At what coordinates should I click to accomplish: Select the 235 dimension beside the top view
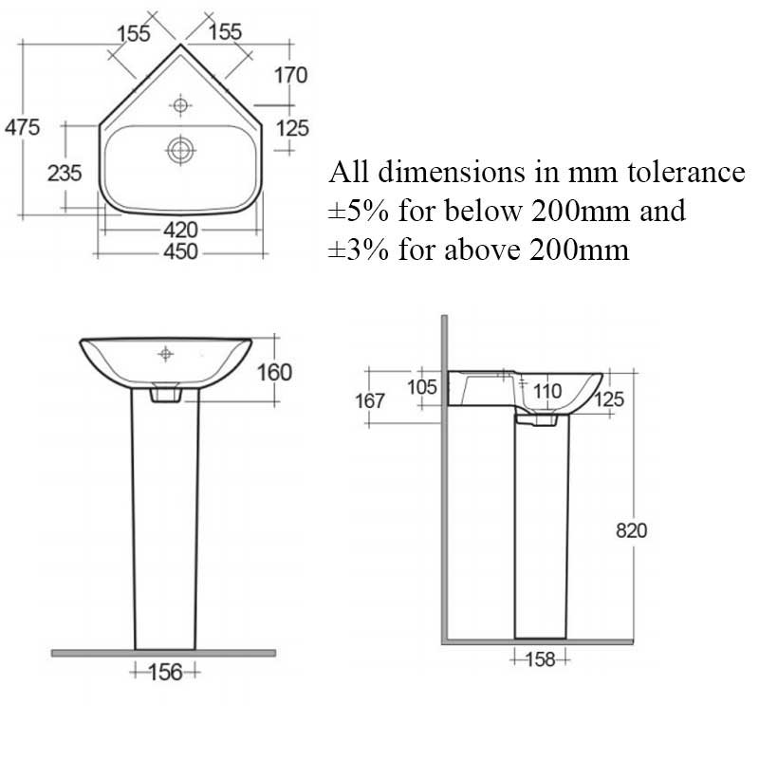pyautogui.click(x=65, y=174)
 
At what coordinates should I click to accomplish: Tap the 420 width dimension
pyautogui.click(x=180, y=231)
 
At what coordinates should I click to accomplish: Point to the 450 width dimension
pyautogui.click(x=180, y=252)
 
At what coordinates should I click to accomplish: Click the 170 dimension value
pyautogui.click(x=292, y=75)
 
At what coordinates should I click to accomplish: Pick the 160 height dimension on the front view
pyautogui.click(x=274, y=371)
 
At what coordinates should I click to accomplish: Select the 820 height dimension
pyautogui.click(x=630, y=530)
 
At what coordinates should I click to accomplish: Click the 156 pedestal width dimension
pyautogui.click(x=165, y=672)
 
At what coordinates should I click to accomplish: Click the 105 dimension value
pyautogui.click(x=421, y=386)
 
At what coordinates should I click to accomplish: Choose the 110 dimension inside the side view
pyautogui.click(x=547, y=390)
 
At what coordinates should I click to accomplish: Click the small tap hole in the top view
pyautogui.click(x=180, y=102)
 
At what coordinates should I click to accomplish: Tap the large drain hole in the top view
pyautogui.click(x=179, y=148)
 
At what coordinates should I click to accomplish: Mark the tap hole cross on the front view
pyautogui.click(x=166, y=354)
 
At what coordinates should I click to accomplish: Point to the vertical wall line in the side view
pyautogui.click(x=443, y=474)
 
